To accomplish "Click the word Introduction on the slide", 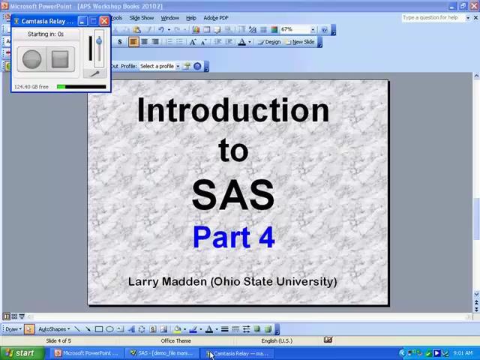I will point(232,110).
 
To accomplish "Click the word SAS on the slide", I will point(232,193).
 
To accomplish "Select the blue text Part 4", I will point(233,237).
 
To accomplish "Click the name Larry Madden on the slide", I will point(166,281).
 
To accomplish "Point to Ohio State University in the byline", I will point(274,281).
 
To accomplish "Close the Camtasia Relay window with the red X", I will point(104,21).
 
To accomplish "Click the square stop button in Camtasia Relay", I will point(60,58).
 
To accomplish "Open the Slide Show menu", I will point(141,18).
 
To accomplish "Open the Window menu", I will point(169,18).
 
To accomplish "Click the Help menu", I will point(190,18).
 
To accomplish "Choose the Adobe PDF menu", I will point(216,18).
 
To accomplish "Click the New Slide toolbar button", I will point(302,42).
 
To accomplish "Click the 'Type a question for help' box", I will point(430,18).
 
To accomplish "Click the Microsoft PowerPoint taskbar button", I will point(87,353).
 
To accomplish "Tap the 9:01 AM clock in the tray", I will point(462,353).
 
